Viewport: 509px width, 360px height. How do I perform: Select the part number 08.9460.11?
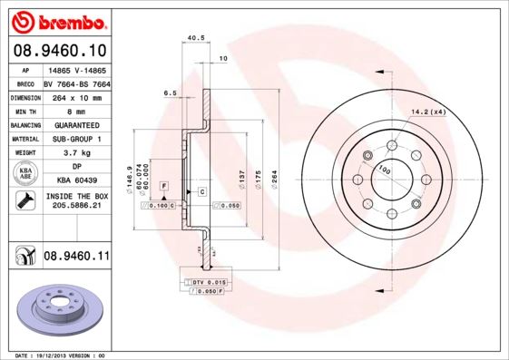[x=76, y=258]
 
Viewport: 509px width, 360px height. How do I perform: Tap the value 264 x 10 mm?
[x=75, y=96]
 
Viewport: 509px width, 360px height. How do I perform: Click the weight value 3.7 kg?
[x=75, y=153]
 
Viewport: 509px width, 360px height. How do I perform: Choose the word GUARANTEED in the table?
[x=75, y=125]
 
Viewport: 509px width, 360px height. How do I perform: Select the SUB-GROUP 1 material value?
[x=75, y=139]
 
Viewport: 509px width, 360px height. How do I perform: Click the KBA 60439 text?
[x=75, y=180]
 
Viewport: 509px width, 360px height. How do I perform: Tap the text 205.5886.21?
[x=75, y=207]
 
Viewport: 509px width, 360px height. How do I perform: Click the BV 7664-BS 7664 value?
[x=75, y=83]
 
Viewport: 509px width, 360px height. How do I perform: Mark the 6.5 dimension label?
[x=169, y=92]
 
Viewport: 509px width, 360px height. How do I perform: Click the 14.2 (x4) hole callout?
[x=429, y=112]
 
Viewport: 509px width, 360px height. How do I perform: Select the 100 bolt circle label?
[x=384, y=170]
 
